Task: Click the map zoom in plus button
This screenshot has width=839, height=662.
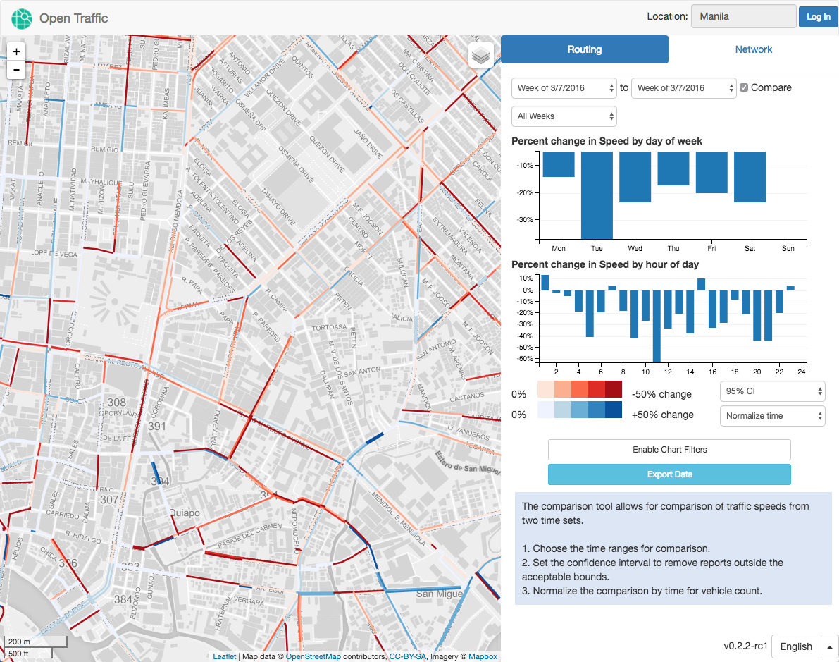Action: click(17, 51)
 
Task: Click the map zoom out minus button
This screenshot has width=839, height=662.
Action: click(17, 70)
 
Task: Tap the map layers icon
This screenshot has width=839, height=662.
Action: click(481, 55)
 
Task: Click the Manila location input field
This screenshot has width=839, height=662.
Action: click(743, 16)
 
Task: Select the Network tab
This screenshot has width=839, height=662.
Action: click(753, 49)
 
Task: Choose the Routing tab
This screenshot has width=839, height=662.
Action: click(584, 49)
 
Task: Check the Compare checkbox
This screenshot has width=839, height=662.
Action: click(744, 87)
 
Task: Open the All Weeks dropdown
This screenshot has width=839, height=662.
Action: click(564, 116)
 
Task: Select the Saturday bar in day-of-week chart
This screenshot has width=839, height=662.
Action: click(750, 177)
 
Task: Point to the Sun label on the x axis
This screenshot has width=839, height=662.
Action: click(788, 248)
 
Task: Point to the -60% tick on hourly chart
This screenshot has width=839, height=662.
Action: click(526, 359)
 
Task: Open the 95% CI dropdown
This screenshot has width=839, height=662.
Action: click(772, 391)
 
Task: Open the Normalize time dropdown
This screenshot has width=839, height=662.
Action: click(772, 416)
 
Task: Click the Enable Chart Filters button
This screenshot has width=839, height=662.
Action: click(669, 450)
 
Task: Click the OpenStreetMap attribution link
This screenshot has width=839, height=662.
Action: click(313, 656)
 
